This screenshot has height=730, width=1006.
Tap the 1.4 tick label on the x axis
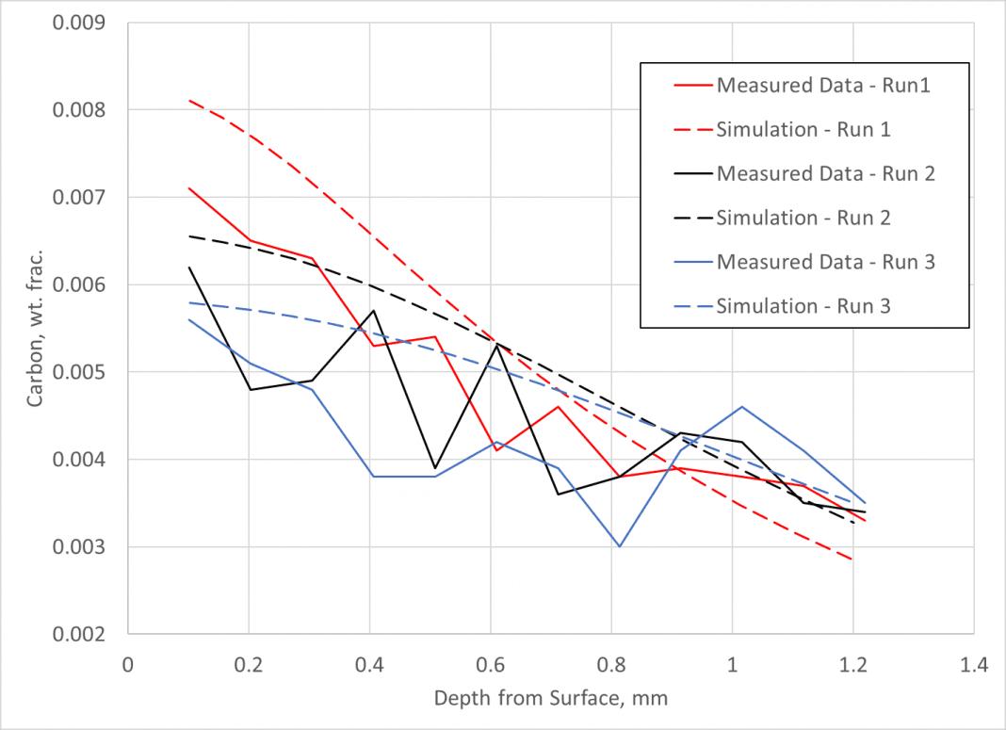click(x=974, y=665)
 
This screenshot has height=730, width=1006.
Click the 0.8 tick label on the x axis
click(x=611, y=665)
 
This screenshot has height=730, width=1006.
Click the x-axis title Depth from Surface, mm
click(x=551, y=699)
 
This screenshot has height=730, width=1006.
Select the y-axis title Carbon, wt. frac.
click(x=35, y=327)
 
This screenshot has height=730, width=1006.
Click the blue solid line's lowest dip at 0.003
click(x=619, y=546)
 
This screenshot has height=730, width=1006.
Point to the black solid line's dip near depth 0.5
click(x=434, y=468)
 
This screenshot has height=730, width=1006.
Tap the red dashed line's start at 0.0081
click(x=189, y=100)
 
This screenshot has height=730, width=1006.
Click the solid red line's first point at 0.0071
click(x=189, y=188)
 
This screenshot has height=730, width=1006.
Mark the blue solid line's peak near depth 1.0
click(x=742, y=407)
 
